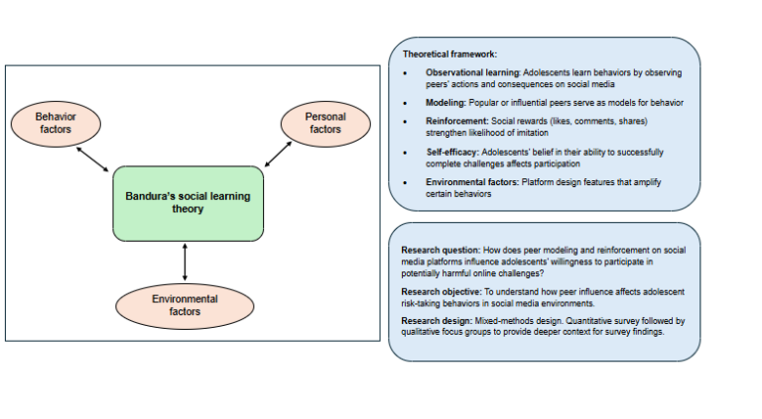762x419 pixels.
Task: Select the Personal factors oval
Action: [x=324, y=123]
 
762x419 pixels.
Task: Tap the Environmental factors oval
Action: [x=185, y=304]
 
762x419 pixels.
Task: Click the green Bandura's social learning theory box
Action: [x=188, y=203]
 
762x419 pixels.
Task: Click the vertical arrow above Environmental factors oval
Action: [x=185, y=262]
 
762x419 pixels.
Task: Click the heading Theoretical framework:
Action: [x=449, y=53]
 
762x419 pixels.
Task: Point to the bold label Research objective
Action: [x=441, y=292]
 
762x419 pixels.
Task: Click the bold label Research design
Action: [x=436, y=322]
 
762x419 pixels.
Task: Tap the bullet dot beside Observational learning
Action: [x=405, y=74]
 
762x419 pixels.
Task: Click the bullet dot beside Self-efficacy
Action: [x=405, y=153]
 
